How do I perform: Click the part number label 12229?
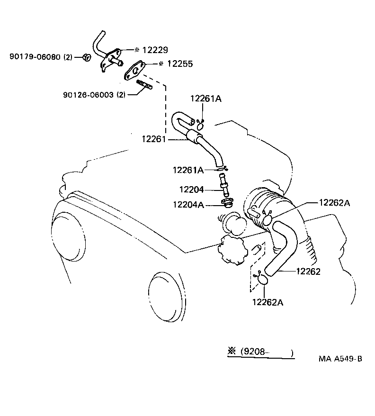pyautogui.click(x=155, y=50)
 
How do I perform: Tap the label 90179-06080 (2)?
pyautogui.click(x=41, y=57)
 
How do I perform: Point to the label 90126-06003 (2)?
pyautogui.click(x=94, y=95)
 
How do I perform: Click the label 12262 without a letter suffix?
pyautogui.click(x=308, y=271)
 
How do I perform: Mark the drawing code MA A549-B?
pyautogui.click(x=340, y=359)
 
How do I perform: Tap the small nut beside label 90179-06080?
pyautogui.click(x=86, y=57)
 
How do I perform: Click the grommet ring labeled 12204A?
pyautogui.click(x=226, y=204)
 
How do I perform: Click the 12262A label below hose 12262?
pyautogui.click(x=268, y=302)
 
